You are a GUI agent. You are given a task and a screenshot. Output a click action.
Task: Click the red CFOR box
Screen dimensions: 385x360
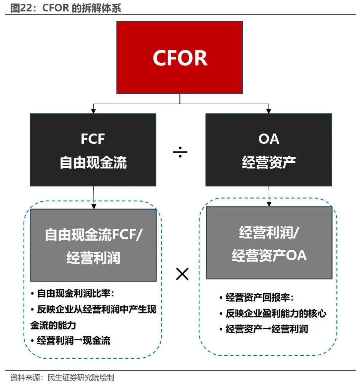pyautogui.click(x=180, y=57)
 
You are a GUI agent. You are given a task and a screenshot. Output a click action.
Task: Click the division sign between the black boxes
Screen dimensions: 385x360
pyautogui.click(x=180, y=153)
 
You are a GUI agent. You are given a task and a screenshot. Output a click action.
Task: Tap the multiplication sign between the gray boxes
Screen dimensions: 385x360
pyautogui.click(x=182, y=274)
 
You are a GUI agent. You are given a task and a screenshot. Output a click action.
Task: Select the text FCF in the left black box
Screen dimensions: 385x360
pyautogui.click(x=93, y=139)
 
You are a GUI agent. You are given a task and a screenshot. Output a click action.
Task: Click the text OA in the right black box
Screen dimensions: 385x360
pyautogui.click(x=269, y=139)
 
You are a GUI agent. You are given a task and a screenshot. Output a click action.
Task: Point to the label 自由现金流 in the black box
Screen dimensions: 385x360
pyautogui.click(x=93, y=163)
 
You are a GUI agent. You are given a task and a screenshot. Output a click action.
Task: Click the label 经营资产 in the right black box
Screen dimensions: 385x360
pyautogui.click(x=269, y=163)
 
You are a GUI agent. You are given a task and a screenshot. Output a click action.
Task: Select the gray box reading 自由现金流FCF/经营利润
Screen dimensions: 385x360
pyautogui.click(x=93, y=245)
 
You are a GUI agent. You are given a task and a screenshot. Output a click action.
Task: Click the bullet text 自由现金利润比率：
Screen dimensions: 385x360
pyautogui.click(x=75, y=293)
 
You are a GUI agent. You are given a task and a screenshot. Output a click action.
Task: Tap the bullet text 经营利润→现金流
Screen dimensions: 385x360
pyautogui.click(x=73, y=340)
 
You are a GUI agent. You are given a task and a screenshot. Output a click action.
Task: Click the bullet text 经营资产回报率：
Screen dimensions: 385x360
pyautogui.click(x=260, y=297)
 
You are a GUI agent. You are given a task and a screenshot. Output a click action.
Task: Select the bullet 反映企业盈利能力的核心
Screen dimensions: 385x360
pyautogui.click(x=276, y=313)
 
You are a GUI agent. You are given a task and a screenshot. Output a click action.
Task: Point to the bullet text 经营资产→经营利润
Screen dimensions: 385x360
pyautogui.click(x=266, y=329)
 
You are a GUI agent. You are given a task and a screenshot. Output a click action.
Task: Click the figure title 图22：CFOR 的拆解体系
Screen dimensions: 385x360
pyautogui.click(x=65, y=8)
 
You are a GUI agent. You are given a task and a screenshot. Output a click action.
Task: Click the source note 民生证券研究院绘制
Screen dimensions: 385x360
pyautogui.click(x=80, y=378)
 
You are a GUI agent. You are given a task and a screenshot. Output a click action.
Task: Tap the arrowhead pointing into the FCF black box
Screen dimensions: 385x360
pyautogui.click(x=92, y=111)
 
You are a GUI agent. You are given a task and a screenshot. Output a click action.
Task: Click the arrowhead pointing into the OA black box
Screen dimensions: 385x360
pyautogui.click(x=268, y=111)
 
